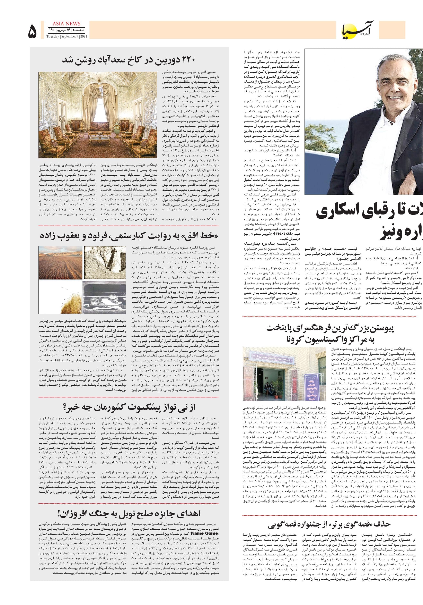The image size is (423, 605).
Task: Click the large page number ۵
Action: click(32, 31)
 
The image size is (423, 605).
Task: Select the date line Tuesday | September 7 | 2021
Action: click(67, 37)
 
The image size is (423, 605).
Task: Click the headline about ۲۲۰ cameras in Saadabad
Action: click(129, 60)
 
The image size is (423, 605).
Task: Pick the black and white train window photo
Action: click(104, 297)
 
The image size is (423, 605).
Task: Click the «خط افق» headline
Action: click(129, 236)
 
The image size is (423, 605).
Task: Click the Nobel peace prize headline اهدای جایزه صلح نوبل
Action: click(129, 513)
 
